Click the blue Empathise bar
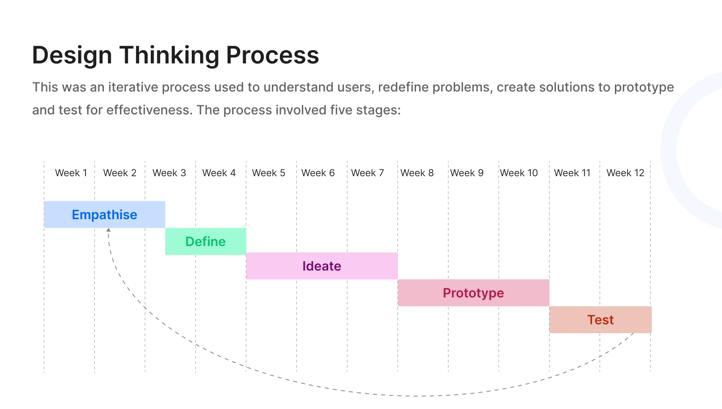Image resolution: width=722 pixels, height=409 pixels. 104,214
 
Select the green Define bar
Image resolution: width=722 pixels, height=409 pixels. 206,241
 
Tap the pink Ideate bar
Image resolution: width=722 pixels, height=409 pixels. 322,266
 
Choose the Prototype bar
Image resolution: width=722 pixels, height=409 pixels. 474,293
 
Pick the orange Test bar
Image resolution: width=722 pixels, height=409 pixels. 600,319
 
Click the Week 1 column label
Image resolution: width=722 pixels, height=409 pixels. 71,173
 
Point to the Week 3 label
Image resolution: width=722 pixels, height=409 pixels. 169,173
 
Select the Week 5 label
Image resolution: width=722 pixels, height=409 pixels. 269,173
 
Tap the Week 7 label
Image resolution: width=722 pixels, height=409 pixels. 368,173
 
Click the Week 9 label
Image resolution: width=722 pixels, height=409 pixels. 467,173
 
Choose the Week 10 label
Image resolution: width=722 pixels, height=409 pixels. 519,173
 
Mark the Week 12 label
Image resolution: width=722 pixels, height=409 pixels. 625,173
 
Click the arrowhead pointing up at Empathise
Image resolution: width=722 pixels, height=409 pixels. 108,230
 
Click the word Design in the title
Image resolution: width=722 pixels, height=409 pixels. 72,55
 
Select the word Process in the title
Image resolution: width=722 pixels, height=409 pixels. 273,55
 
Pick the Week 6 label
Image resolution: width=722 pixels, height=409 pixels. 318,173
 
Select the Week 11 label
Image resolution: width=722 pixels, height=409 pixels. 572,173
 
